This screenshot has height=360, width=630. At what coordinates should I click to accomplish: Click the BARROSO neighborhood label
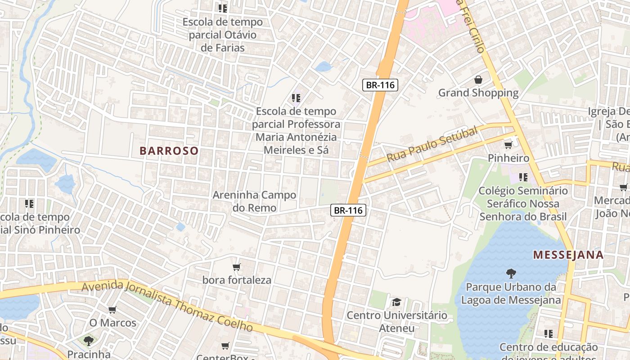(x=169, y=151)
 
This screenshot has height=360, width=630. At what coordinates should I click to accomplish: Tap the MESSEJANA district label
(x=568, y=255)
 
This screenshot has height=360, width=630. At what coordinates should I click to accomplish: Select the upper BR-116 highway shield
(x=381, y=85)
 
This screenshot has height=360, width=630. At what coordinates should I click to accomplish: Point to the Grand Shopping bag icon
(x=478, y=80)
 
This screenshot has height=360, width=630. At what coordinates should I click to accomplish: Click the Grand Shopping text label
(x=478, y=93)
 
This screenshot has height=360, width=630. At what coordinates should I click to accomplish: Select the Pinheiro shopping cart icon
(x=508, y=145)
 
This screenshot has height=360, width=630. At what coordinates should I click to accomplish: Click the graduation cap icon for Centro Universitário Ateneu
(x=396, y=302)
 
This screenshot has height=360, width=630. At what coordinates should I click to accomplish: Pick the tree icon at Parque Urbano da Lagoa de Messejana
(x=511, y=273)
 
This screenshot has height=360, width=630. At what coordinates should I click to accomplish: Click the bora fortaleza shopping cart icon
(x=237, y=267)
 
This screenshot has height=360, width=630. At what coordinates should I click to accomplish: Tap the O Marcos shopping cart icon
(x=112, y=310)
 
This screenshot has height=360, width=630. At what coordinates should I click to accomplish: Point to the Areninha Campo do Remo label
(x=254, y=201)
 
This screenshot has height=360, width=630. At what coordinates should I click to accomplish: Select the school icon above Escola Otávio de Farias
(x=222, y=8)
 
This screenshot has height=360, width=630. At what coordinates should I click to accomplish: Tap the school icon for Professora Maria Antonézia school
(x=296, y=98)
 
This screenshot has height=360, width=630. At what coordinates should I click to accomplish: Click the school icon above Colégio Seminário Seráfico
(x=523, y=177)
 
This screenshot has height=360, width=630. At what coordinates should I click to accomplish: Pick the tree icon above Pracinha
(x=89, y=341)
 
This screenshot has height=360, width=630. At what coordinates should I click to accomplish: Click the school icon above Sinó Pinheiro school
(x=29, y=204)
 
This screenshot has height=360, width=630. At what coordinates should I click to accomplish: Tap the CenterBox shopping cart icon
(x=225, y=346)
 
